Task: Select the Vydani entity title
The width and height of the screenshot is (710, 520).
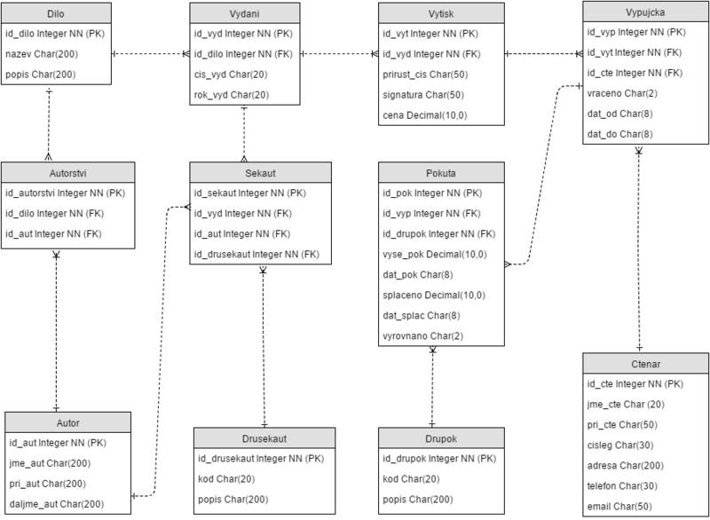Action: click(x=245, y=13)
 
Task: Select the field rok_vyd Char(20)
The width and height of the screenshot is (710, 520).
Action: click(x=231, y=95)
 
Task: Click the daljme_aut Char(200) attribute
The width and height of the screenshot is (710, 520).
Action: click(x=57, y=503)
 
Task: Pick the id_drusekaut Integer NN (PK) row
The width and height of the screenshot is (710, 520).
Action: click(x=261, y=459)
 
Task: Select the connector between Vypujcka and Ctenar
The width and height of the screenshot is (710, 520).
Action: click(x=639, y=248)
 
